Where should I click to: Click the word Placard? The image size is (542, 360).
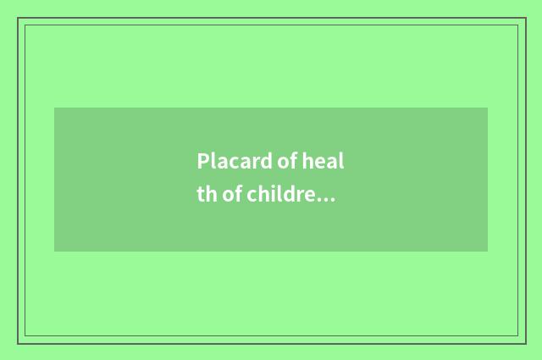(231, 162)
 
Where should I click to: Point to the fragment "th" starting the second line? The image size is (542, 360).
(207, 196)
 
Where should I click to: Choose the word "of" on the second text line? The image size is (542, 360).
(232, 196)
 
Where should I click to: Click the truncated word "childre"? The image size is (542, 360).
(282, 196)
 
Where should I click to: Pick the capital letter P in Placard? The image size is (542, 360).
(202, 162)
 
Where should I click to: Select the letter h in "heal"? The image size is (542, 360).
(305, 162)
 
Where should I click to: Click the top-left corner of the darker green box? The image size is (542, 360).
(55, 108)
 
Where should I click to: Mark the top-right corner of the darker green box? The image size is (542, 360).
(487, 108)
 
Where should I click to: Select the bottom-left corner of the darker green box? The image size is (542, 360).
(55, 251)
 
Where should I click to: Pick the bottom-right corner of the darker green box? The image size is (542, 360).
(487, 251)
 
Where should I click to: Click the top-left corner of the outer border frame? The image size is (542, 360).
(18, 18)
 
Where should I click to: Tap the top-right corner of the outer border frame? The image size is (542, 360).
(525, 18)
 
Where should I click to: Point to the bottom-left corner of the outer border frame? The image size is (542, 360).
(18, 343)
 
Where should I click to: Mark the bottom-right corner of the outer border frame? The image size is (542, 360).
(525, 343)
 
